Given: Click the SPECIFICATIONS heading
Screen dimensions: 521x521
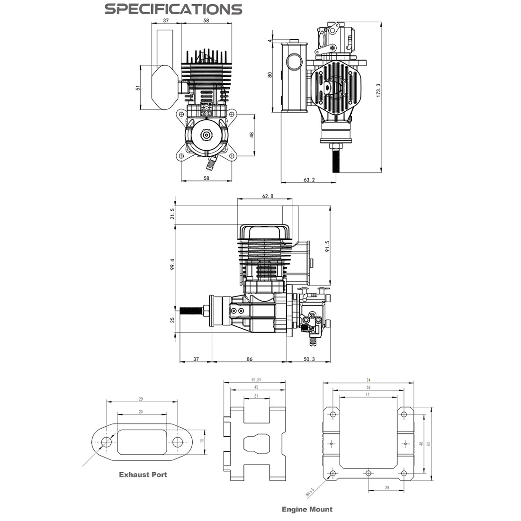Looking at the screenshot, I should coord(173,9).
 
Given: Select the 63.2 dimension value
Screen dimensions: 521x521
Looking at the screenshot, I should coord(309,180).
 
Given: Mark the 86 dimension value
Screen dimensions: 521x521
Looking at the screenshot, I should coord(250,359).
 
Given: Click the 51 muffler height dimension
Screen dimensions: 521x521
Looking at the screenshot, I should coord(138,88).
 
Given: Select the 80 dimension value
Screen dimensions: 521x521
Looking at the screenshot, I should coord(270,74).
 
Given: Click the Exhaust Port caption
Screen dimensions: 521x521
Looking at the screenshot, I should coord(143,474).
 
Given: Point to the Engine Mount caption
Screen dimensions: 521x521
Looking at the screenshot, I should coord(307,509).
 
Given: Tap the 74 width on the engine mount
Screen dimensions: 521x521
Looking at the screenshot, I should coord(368,380).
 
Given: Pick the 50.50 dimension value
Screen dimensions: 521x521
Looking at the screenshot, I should coord(256,380).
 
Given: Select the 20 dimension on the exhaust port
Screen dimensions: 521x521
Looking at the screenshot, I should coord(141,412).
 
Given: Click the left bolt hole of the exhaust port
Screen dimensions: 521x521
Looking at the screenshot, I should coord(107,442).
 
